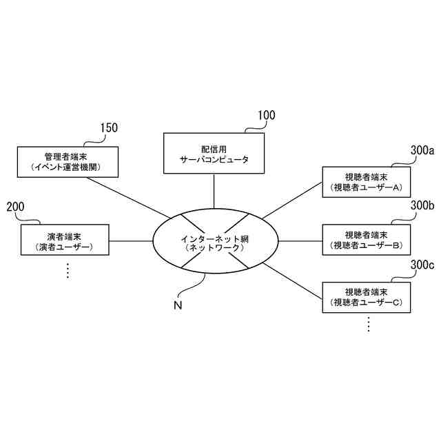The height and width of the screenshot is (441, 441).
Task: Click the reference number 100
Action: click(x=266, y=115)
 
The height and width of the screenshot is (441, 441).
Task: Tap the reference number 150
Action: click(x=108, y=127)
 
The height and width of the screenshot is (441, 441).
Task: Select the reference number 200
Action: click(x=15, y=206)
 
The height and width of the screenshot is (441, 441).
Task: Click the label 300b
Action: click(x=422, y=205)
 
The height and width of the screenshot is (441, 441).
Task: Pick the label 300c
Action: click(x=422, y=264)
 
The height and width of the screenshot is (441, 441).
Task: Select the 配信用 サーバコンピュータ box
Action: click(x=205, y=154)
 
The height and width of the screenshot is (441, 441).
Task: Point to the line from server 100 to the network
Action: click(x=214, y=190)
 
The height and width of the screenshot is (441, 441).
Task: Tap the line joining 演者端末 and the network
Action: click(x=131, y=241)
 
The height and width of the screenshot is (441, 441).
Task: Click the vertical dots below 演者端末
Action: click(x=68, y=271)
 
